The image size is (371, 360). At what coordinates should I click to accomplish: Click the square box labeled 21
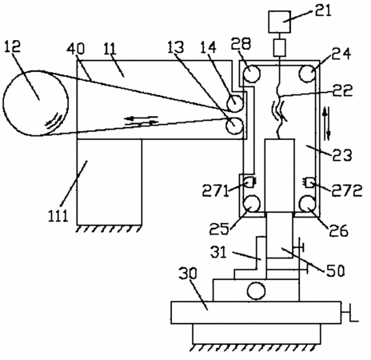279,22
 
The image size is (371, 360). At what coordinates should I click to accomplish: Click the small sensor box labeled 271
249,182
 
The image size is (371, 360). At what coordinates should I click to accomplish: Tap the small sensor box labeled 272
309,182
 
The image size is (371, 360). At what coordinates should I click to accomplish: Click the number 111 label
58,216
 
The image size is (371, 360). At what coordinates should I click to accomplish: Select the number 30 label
188,274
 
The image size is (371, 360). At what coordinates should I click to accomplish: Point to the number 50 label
335,270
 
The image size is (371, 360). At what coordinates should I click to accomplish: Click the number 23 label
342,155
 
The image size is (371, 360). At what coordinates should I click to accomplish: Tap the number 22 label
342,90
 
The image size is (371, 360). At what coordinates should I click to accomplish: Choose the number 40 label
76,49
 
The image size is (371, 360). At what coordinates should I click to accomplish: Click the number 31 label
218,252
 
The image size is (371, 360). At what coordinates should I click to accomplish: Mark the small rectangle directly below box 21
280,47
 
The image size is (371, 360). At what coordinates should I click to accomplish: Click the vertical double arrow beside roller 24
326,123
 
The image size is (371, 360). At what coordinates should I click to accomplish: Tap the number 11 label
110,49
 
